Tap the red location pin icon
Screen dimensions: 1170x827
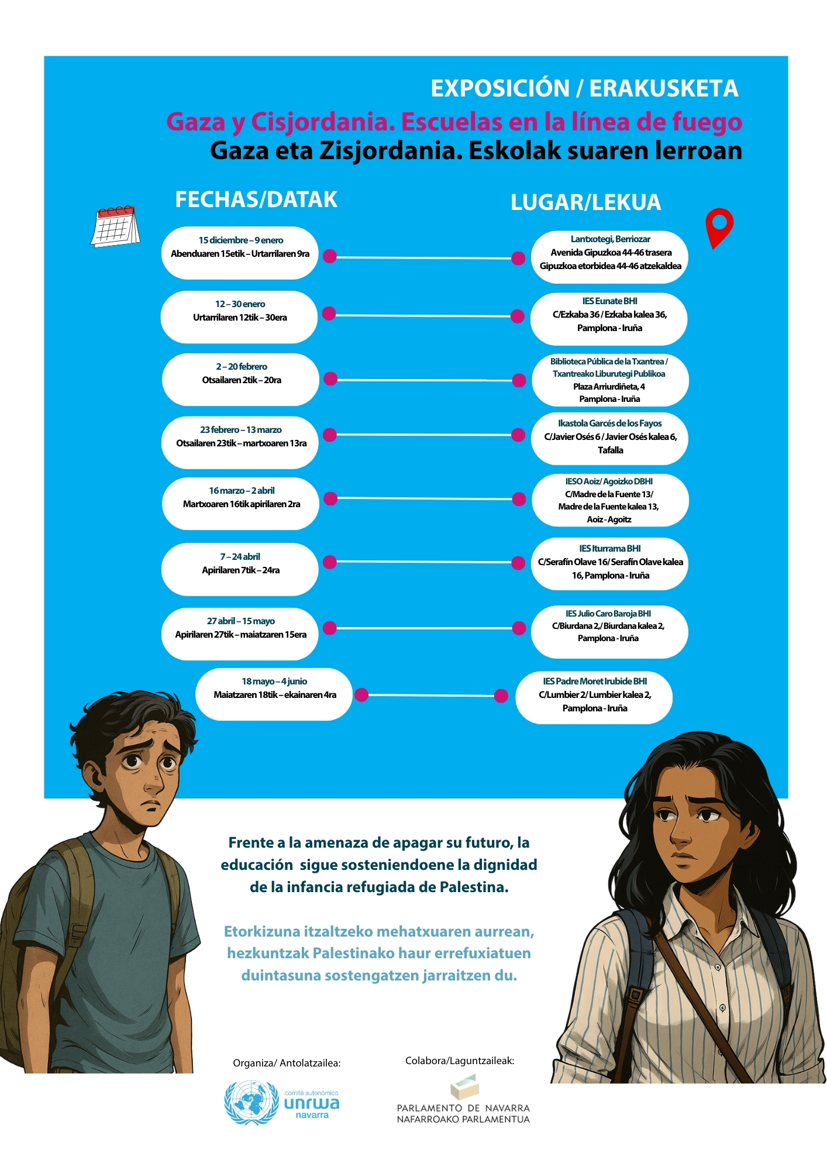click(719, 227)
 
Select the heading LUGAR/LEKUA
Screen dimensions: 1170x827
click(585, 202)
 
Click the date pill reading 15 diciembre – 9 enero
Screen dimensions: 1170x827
click(240, 253)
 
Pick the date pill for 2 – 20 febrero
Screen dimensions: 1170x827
click(240, 379)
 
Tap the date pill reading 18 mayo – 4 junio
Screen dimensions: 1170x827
click(274, 694)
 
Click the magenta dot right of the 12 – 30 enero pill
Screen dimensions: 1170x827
click(329, 314)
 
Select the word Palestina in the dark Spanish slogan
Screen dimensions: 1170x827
click(473, 887)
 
